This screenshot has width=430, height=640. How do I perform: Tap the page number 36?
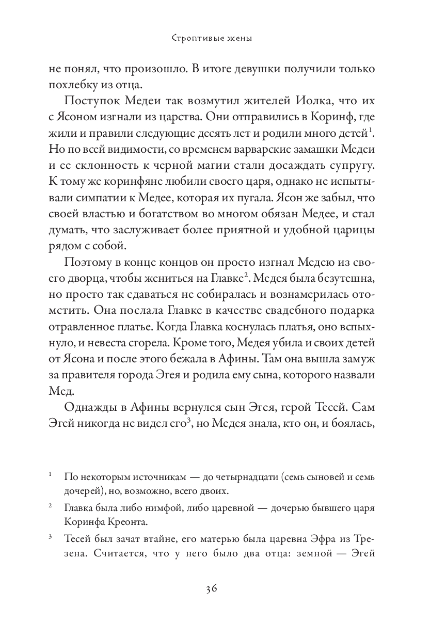(215, 589)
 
